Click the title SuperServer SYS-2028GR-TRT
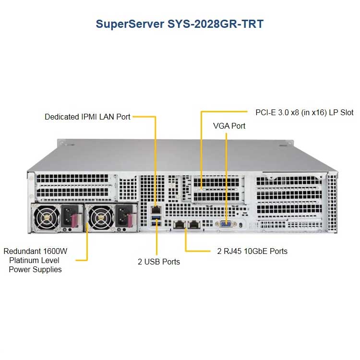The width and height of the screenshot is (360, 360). coord(180,24)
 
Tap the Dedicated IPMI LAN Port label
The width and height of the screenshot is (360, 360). coord(87,117)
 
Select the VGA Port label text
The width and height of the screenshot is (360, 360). coord(229,126)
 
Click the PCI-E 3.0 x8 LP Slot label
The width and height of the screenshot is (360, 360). coord(304,112)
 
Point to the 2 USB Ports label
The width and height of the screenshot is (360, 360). coord(159,262)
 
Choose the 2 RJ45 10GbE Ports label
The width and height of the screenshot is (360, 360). coord(252,251)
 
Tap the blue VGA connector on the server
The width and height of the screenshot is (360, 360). coord(226,224)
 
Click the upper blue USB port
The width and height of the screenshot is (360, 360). coord(156,217)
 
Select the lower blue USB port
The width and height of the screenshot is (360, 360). coord(156,224)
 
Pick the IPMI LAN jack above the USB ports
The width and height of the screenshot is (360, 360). coord(156,210)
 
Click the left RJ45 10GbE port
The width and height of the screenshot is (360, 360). coord(180,224)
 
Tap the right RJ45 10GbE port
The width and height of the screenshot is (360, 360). coord(194,224)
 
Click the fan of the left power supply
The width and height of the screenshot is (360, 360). coord(47,217)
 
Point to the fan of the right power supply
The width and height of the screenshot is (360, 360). coord(101,217)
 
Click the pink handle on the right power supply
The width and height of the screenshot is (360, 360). coord(129,220)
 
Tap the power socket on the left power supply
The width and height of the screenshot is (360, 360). coord(68,216)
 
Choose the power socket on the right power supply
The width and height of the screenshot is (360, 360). coord(121,216)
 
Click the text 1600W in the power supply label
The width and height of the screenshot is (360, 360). coord(55,251)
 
